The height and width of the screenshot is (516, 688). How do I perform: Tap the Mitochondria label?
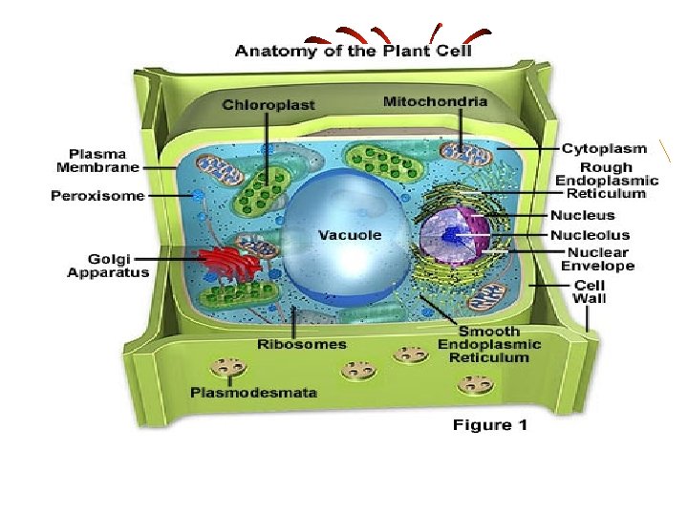pyautogui.click(x=435, y=100)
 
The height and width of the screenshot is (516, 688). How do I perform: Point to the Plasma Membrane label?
pyautogui.click(x=103, y=160)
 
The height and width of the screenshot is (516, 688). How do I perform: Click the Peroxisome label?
pyautogui.click(x=97, y=196)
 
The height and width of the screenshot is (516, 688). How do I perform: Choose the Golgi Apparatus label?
pyautogui.click(x=108, y=266)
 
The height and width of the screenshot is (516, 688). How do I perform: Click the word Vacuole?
pyautogui.click(x=349, y=234)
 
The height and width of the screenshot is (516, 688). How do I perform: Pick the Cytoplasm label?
pyautogui.click(x=604, y=149)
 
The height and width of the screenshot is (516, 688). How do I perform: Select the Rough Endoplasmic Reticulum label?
pyautogui.click(x=608, y=181)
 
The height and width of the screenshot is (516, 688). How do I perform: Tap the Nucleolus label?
pyautogui.click(x=590, y=234)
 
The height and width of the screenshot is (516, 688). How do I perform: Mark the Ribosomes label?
pyautogui.click(x=302, y=343)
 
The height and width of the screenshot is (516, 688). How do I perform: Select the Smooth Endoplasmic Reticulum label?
pyautogui.click(x=489, y=344)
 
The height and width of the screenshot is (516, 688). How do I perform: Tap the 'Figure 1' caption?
pyautogui.click(x=489, y=425)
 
